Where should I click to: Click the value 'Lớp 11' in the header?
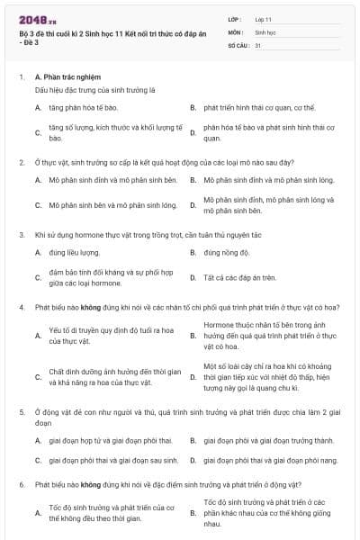(x=264, y=19)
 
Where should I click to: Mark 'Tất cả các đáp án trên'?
(x=239, y=277)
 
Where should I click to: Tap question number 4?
(x=22, y=307)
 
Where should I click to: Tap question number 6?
(x=22, y=484)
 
